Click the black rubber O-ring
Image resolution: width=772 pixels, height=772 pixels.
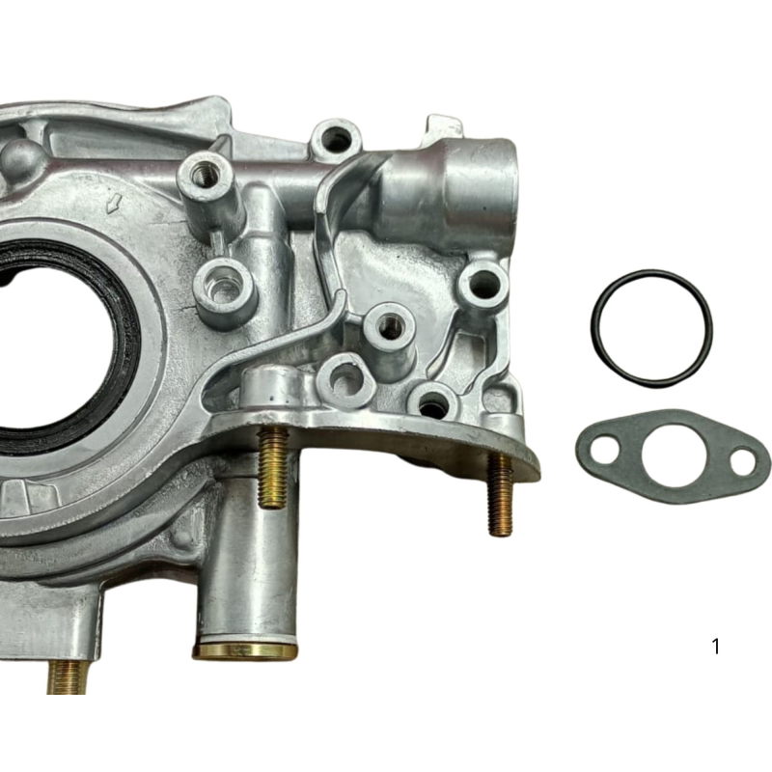pyautogui.click(x=593, y=328)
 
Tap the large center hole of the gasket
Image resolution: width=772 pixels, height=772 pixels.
pyautogui.click(x=674, y=457)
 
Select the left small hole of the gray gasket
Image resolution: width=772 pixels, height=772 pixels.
pyautogui.click(x=606, y=449)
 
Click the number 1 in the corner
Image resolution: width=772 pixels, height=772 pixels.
pyautogui.click(x=716, y=646)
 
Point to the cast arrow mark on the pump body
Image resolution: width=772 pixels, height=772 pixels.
pyautogui.click(x=115, y=203)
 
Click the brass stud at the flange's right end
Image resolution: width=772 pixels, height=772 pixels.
pyautogui.click(x=500, y=494)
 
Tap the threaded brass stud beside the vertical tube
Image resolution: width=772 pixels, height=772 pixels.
pyautogui.click(x=272, y=466)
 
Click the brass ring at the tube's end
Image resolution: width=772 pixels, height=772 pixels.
pyautogui.click(x=245, y=649)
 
